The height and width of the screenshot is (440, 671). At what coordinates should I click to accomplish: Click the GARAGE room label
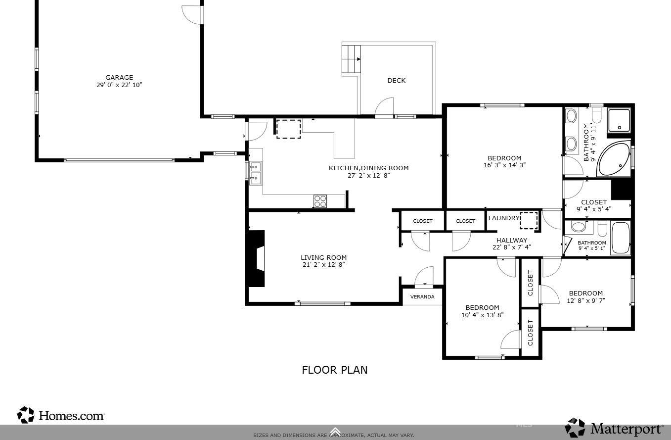pyautogui.click(x=119, y=78)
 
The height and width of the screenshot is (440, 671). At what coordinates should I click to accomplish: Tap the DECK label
pyautogui.click(x=396, y=81)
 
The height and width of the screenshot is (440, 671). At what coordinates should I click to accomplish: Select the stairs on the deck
pyautogui.click(x=352, y=59)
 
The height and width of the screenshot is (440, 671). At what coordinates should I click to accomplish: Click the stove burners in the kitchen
pyautogui.click(x=320, y=201)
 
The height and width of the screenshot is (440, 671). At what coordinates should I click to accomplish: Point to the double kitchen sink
pyautogui.click(x=256, y=173)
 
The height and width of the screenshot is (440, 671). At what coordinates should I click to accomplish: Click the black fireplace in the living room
pyautogui.click(x=256, y=258)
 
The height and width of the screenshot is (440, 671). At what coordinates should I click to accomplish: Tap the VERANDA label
pyautogui.click(x=422, y=297)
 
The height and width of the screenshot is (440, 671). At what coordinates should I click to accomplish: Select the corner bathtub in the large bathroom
pyautogui.click(x=613, y=160)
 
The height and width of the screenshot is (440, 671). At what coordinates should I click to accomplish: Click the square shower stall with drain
pyautogui.click(x=619, y=121)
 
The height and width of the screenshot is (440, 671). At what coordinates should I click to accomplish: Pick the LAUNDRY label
pyautogui.click(x=503, y=218)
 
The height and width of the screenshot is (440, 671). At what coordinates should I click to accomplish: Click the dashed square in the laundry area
pyautogui.click(x=528, y=220)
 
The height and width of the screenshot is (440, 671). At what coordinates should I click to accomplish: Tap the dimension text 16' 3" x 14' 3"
pyautogui.click(x=504, y=165)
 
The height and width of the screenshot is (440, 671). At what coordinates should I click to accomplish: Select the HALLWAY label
pyautogui.click(x=512, y=241)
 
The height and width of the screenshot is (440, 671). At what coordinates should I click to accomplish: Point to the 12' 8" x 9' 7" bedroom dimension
pyautogui.click(x=585, y=300)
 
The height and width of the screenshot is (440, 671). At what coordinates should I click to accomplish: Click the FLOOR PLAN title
pyautogui.click(x=335, y=370)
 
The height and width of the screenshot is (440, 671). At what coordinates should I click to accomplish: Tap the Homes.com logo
pyautogui.click(x=61, y=415)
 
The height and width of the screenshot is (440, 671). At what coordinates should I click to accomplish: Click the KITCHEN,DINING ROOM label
pyautogui.click(x=368, y=168)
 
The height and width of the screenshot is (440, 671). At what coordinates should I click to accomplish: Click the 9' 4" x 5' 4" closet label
pyautogui.click(x=594, y=209)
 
